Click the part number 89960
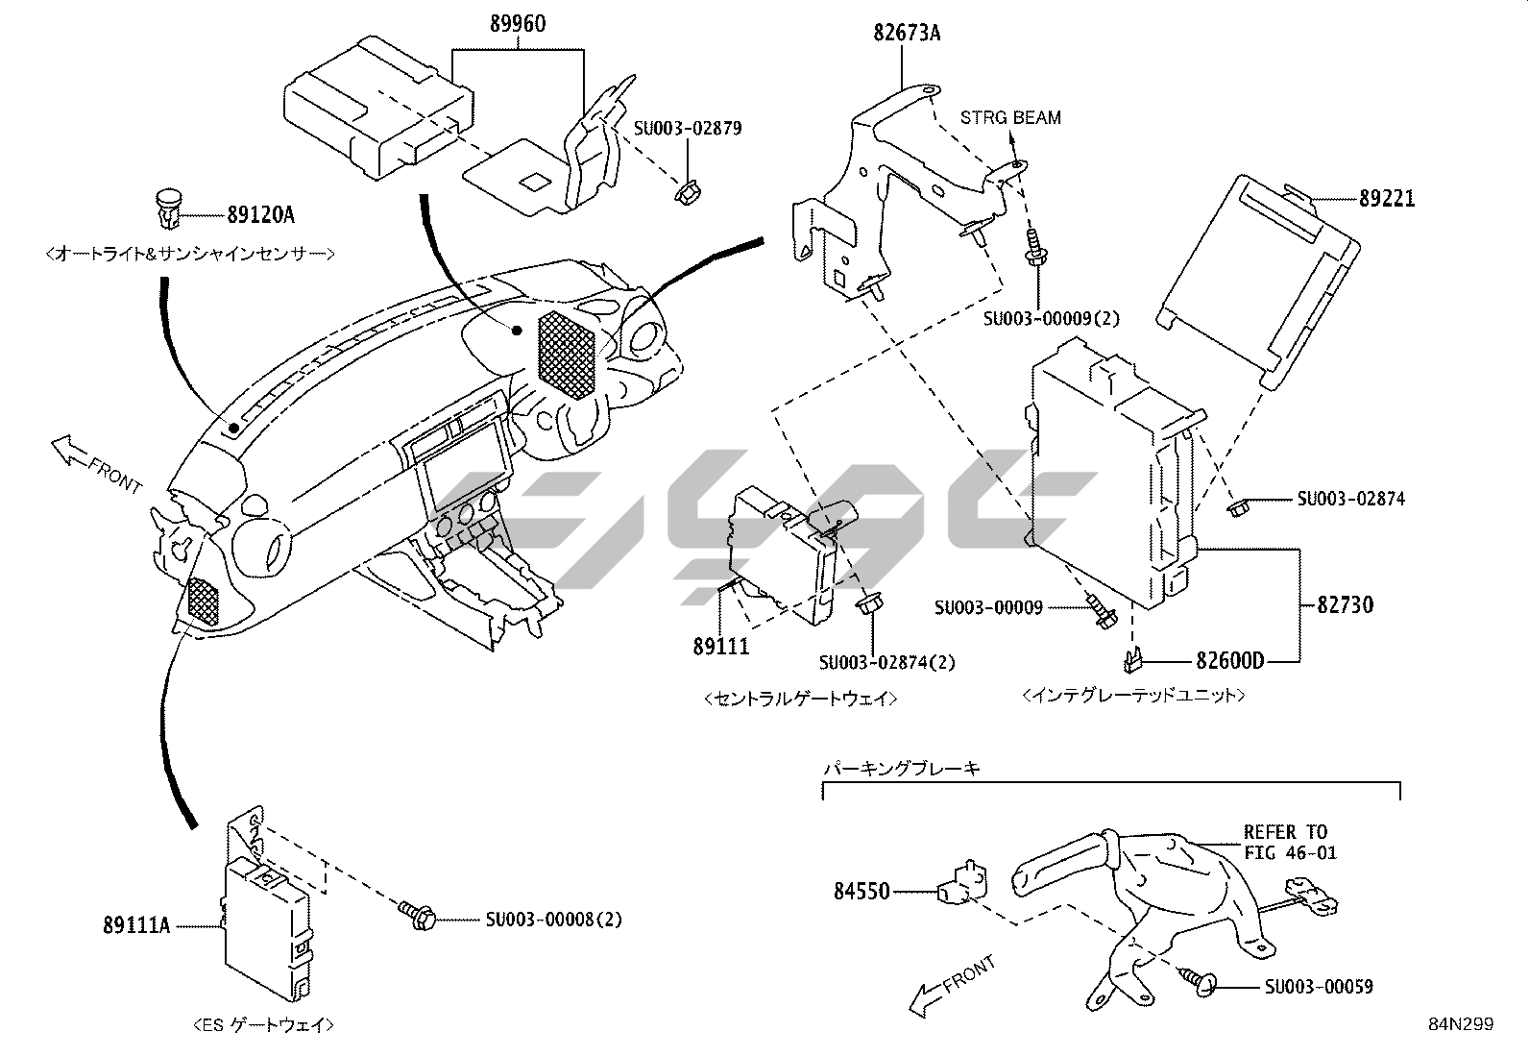click(518, 24)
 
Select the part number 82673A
click(907, 34)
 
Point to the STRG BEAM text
click(1010, 118)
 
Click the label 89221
click(1387, 200)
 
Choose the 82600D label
click(1230, 661)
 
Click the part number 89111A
click(137, 926)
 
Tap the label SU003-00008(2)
click(553, 920)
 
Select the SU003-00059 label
click(1319, 987)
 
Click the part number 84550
click(862, 892)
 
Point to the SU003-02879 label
click(688, 128)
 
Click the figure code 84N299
click(1460, 1024)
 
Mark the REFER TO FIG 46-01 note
click(1290, 842)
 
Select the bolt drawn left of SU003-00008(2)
click(418, 913)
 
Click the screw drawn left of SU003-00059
click(1200, 979)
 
